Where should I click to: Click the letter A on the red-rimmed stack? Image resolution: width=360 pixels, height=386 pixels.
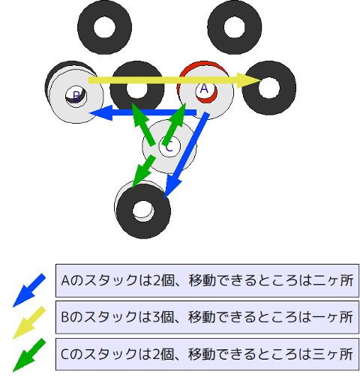click(204, 88)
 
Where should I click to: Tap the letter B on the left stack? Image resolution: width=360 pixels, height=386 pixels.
click(76, 96)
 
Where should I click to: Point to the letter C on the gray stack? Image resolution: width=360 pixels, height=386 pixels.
click(169, 146)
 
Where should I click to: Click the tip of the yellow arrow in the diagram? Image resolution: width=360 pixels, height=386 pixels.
click(262, 80)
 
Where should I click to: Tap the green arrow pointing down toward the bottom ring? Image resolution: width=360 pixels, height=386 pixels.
click(143, 171)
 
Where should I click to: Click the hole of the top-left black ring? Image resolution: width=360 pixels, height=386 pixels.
click(105, 27)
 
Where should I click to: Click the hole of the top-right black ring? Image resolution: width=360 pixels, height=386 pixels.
click(235, 27)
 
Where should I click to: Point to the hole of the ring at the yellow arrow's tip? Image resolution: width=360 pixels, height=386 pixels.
click(269, 88)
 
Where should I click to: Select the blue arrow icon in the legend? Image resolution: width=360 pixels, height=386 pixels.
click(29, 290)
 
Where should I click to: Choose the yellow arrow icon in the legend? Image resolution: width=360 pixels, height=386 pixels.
click(29, 322)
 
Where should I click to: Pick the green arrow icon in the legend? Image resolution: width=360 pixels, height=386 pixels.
click(29, 355)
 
